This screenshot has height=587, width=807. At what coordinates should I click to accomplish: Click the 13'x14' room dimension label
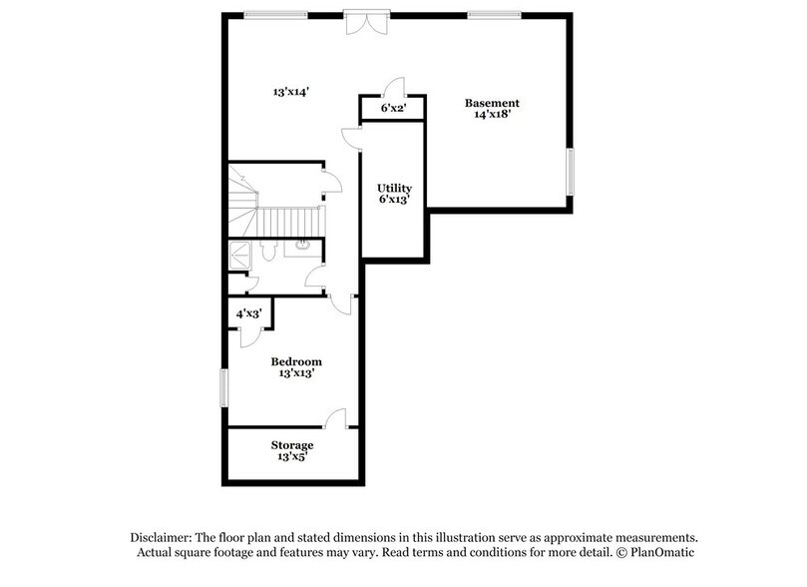pyautogui.click(x=290, y=92)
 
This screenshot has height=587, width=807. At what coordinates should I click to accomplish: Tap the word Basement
pyautogui.click(x=492, y=103)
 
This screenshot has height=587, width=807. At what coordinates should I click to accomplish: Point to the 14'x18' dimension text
pyautogui.click(x=492, y=116)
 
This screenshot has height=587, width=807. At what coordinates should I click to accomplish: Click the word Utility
pyautogui.click(x=394, y=188)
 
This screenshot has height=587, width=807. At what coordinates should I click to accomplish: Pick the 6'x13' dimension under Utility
pyautogui.click(x=394, y=201)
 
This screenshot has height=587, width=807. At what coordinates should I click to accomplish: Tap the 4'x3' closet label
pyautogui.click(x=248, y=314)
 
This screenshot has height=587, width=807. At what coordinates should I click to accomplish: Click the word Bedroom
pyautogui.click(x=296, y=361)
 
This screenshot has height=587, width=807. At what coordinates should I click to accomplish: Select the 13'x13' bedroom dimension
pyautogui.click(x=296, y=374)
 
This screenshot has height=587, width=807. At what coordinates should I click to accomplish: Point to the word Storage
pyautogui.click(x=292, y=445)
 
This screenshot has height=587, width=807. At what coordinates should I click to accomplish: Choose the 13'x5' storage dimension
pyautogui.click(x=292, y=458)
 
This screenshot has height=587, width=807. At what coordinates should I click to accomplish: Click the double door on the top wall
pyautogui.click(x=361, y=22)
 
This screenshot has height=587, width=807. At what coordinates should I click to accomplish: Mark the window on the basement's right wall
pyautogui.click(x=571, y=171)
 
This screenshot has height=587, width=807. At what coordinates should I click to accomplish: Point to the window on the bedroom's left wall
pyautogui.click(x=223, y=387)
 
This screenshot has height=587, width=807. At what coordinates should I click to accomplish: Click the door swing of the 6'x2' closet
pyautogui.click(x=396, y=87)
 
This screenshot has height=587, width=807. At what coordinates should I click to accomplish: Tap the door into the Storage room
pyautogui.click(x=337, y=419)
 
